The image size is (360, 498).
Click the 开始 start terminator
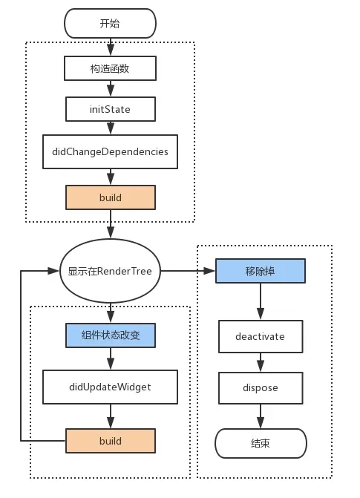click(110, 23)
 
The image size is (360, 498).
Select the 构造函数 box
click(110, 68)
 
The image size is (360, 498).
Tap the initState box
click(110, 110)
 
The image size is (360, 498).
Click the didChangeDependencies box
click(110, 151)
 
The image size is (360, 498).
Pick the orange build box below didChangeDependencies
click(110, 197)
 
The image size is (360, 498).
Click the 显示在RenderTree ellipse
click(110, 271)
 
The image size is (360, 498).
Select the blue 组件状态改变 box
click(110, 335)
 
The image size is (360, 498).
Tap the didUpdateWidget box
click(110, 387)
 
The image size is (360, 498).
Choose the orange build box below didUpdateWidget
click(110, 441)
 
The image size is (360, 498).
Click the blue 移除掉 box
click(260, 271)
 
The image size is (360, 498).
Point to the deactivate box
click(260, 336)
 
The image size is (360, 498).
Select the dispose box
click(260, 387)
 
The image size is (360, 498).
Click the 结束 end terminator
click(260, 444)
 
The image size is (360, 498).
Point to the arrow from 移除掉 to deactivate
click(260, 302)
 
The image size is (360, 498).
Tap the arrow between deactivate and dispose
click(260, 362)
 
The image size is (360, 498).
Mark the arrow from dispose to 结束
click(260, 416)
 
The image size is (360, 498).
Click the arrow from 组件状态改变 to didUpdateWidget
click(110, 360)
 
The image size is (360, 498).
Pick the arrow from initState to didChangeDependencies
click(110, 128)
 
